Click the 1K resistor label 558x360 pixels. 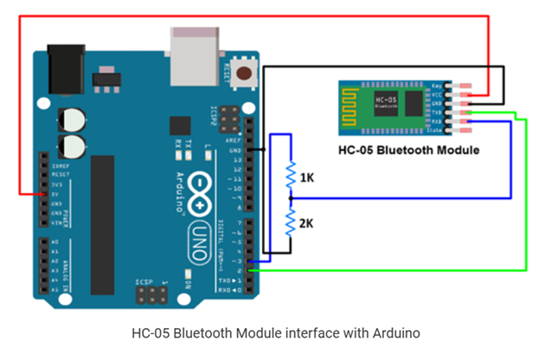pos(307,177)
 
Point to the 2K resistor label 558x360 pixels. pos(307,223)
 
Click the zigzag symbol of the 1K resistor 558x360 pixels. pos(292,176)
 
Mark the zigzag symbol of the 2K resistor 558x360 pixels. pos(292,224)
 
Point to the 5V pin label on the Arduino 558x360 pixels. pos(56,195)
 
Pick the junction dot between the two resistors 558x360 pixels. pos(292,200)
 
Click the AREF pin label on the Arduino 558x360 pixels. pos(234,140)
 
